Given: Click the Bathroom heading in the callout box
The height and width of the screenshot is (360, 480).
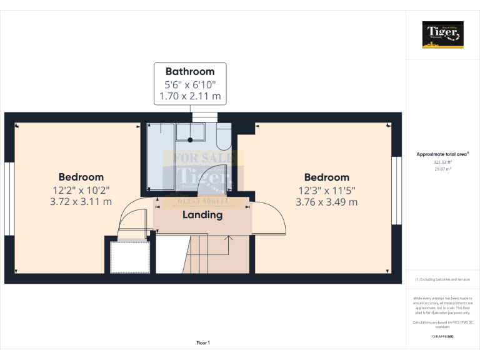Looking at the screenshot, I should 189,71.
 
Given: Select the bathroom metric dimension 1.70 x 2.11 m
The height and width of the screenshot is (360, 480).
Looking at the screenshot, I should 189,96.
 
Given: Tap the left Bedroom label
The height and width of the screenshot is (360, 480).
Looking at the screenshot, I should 81,177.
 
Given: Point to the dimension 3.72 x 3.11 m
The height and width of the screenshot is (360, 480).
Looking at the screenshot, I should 81,202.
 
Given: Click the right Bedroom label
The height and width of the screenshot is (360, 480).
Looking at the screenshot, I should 326,177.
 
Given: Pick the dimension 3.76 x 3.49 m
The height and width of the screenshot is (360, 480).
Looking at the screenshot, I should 326,202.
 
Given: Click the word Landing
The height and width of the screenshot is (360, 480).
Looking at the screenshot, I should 202,215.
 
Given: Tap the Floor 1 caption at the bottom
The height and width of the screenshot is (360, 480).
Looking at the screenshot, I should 203,342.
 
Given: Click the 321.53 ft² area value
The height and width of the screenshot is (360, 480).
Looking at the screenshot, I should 443,162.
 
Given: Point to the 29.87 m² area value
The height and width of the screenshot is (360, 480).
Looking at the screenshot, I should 443,169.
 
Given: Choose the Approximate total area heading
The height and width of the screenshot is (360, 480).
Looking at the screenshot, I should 442,154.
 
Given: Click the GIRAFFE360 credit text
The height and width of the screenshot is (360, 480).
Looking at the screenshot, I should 443,337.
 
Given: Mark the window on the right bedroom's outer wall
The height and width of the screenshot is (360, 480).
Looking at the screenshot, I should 395,189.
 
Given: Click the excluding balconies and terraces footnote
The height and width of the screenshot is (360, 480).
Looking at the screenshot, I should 443,279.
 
